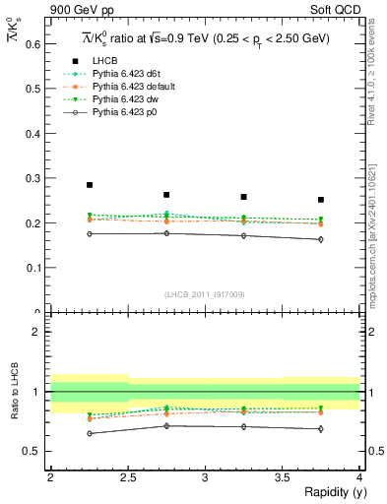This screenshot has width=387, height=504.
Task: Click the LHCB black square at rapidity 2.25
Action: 90,185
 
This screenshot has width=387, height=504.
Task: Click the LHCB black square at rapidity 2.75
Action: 166,195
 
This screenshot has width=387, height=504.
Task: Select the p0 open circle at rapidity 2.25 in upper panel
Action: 90,233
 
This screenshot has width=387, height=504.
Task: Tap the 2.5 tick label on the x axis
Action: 127,478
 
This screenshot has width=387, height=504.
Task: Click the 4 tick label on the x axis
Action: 358,478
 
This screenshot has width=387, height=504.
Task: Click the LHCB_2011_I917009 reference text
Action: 204,293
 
